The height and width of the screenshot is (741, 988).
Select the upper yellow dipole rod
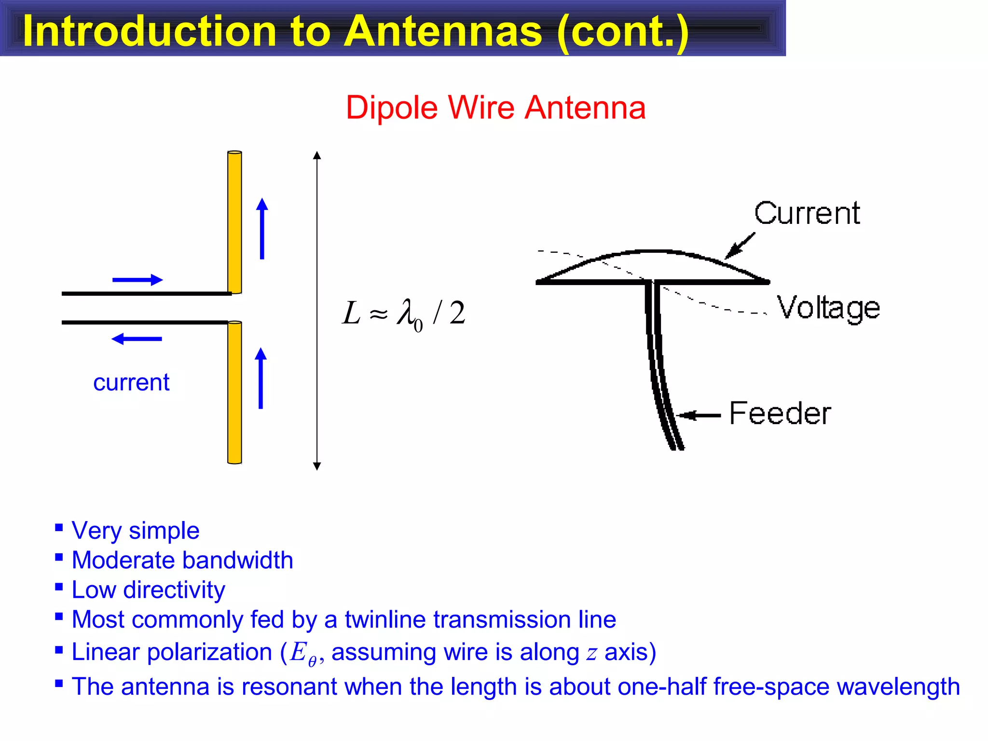(x=234, y=222)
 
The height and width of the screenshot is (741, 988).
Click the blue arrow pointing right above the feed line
(x=137, y=280)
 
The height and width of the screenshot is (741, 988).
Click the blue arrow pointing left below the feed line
(x=137, y=339)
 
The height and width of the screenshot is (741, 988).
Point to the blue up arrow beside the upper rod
(x=262, y=229)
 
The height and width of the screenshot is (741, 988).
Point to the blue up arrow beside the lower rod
(x=261, y=378)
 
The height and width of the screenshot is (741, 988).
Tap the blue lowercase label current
(x=131, y=383)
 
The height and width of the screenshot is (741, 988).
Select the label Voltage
(x=828, y=308)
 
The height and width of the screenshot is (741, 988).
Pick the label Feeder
(x=780, y=413)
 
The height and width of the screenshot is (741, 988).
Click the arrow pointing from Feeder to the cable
(x=699, y=415)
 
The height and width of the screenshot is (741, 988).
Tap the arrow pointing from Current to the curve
(x=740, y=246)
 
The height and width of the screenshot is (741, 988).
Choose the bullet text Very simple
(x=136, y=531)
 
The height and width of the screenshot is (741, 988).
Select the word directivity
(x=174, y=590)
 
